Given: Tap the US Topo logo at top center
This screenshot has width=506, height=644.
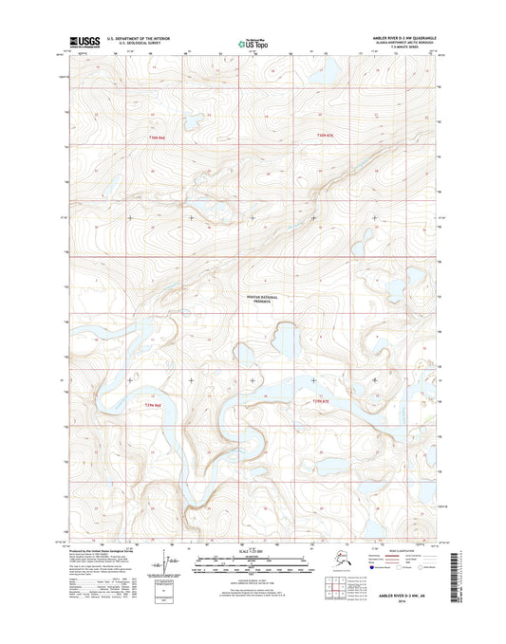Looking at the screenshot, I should pyautogui.click(x=251, y=43).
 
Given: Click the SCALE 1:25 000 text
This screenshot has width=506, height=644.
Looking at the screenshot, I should pyautogui.click(x=252, y=554).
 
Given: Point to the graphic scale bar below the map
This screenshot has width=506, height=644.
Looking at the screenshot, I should pyautogui.click(x=252, y=565).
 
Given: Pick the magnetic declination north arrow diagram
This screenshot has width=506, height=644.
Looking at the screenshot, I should pyautogui.click(x=168, y=566).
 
